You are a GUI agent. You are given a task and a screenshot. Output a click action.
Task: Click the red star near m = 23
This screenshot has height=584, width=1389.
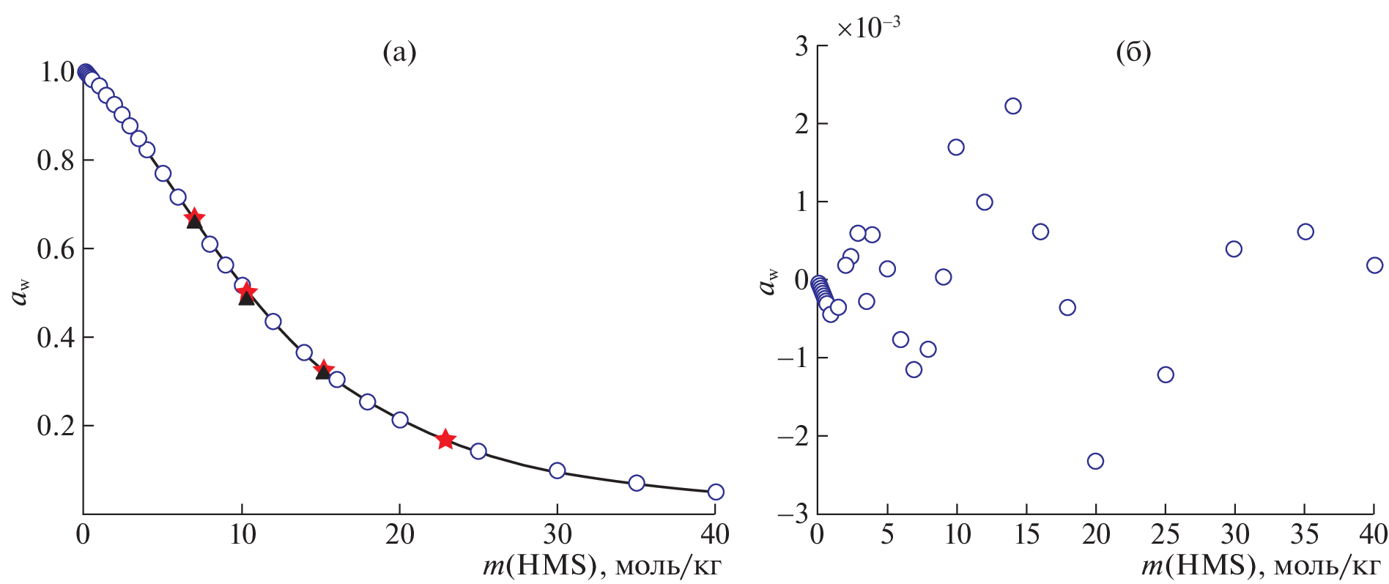[445, 440]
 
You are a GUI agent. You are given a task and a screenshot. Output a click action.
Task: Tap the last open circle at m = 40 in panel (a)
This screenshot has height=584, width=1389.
[716, 492]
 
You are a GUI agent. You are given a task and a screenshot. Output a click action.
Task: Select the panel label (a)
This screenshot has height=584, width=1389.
[399, 53]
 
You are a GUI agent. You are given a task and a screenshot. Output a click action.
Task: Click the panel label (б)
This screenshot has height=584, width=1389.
[1133, 53]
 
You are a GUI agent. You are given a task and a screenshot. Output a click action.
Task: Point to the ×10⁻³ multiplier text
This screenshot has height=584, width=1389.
[869, 28]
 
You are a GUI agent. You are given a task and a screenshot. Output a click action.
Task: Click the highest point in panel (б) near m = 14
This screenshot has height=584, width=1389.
[1013, 106]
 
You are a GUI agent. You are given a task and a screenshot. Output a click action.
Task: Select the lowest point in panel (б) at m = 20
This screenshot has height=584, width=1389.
[1095, 461]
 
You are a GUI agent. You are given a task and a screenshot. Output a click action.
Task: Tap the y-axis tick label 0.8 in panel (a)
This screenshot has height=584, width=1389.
[56, 160]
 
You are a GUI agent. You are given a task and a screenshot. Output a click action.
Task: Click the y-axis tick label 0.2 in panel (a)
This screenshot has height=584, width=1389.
[56, 426]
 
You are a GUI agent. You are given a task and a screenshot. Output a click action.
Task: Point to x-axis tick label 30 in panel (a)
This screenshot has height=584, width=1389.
[557, 535]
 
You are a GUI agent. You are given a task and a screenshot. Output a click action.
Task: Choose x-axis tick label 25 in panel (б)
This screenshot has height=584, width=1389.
[1165, 535]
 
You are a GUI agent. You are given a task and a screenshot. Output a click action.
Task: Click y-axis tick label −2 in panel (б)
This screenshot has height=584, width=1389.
[792, 437]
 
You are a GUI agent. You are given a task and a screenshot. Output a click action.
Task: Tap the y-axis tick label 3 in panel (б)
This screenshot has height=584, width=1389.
[801, 47]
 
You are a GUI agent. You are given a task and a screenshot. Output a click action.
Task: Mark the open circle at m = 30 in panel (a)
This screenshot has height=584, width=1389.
[557, 470]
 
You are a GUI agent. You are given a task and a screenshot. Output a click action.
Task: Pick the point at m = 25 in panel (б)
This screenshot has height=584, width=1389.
[1166, 374]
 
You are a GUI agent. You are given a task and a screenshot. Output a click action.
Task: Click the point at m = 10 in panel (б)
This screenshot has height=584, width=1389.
[956, 147]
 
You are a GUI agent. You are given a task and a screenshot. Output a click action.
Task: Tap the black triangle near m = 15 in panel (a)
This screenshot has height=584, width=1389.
[323, 372]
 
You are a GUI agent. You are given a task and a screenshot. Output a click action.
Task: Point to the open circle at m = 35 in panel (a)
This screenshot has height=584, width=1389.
[637, 483]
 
